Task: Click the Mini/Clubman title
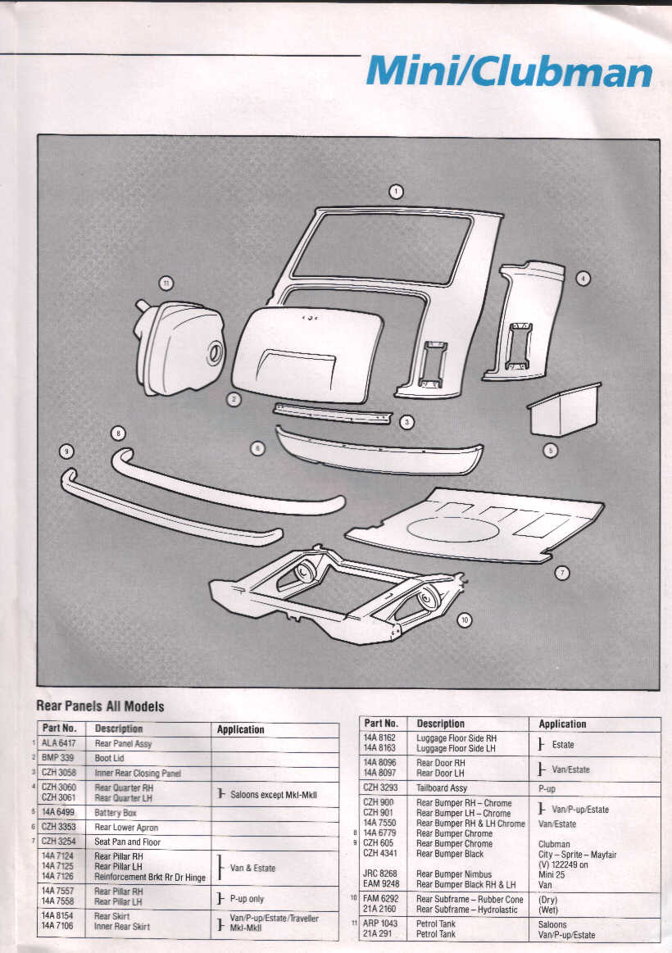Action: (x=509, y=72)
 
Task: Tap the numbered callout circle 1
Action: (x=396, y=192)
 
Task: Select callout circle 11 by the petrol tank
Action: (x=166, y=284)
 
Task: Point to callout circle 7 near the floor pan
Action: (x=562, y=573)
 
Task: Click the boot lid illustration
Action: (x=307, y=353)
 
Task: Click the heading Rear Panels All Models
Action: (x=100, y=706)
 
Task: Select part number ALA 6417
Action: (x=59, y=744)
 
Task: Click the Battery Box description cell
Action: (x=116, y=813)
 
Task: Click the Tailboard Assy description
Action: (x=442, y=788)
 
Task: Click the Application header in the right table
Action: (x=562, y=724)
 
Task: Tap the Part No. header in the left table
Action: (x=59, y=728)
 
